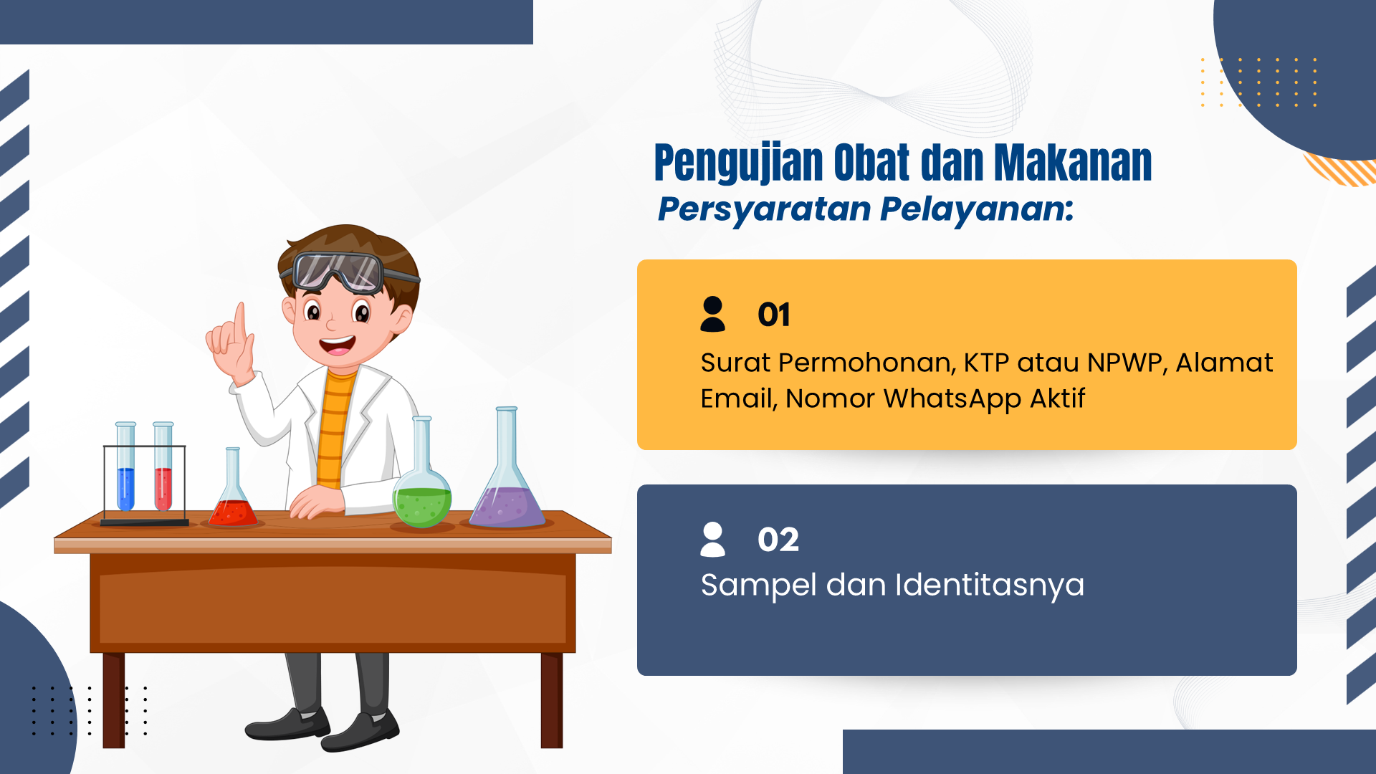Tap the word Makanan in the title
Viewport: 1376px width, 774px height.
click(x=1073, y=163)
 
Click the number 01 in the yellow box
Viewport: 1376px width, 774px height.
click(x=774, y=315)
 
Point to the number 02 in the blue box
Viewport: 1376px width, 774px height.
click(x=778, y=540)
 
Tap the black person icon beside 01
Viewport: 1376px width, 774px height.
click(x=712, y=314)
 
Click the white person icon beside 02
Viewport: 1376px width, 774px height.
click(x=712, y=539)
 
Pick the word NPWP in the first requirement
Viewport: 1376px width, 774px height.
click(x=1127, y=363)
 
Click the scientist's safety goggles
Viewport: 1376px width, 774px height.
click(x=337, y=272)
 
